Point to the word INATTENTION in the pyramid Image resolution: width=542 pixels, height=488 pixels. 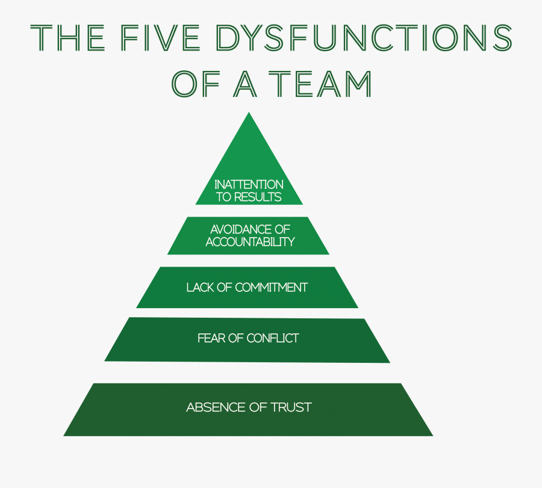(x=249, y=184)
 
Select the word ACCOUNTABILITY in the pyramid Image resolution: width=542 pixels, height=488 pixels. (x=250, y=242)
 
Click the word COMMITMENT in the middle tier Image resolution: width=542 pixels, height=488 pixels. (x=271, y=287)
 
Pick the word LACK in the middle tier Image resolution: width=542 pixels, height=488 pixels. (x=200, y=287)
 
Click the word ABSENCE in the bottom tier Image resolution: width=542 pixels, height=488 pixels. (x=212, y=407)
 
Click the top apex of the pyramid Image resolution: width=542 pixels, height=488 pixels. (x=249, y=114)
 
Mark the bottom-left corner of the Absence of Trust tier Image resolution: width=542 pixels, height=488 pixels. (x=65, y=434)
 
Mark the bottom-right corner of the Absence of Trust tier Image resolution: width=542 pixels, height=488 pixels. (x=431, y=435)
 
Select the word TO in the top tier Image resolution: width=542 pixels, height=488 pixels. (x=223, y=197)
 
